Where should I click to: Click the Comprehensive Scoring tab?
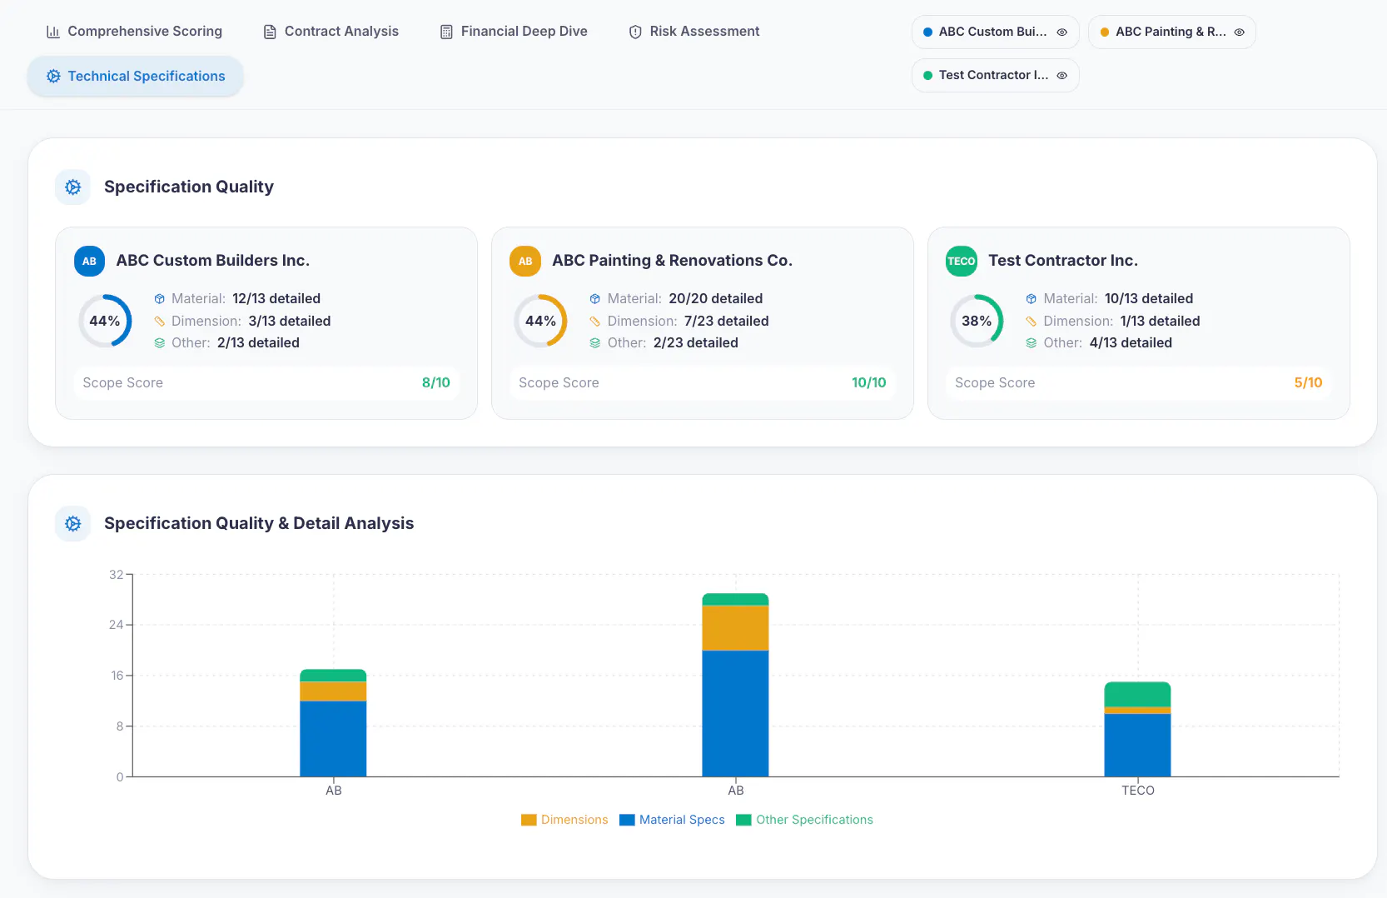click(134, 31)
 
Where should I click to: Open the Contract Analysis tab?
click(331, 31)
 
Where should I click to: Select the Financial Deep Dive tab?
click(514, 31)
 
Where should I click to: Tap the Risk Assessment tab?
click(693, 31)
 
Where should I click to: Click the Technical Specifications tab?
click(135, 77)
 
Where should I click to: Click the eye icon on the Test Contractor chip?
click(1062, 76)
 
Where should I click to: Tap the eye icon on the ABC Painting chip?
click(1239, 32)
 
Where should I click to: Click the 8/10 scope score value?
click(436, 382)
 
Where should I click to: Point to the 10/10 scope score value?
click(868, 382)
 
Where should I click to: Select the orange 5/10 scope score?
click(1308, 382)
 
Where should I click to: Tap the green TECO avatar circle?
click(961, 261)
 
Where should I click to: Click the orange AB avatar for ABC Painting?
click(525, 261)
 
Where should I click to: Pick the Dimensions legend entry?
click(564, 820)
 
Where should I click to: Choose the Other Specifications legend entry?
click(804, 820)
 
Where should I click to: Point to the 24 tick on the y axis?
click(116, 625)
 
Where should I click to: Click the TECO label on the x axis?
click(1138, 791)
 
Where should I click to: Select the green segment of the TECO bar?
click(1137, 694)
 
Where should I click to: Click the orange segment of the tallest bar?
click(736, 628)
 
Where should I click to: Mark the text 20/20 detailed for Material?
click(715, 299)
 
